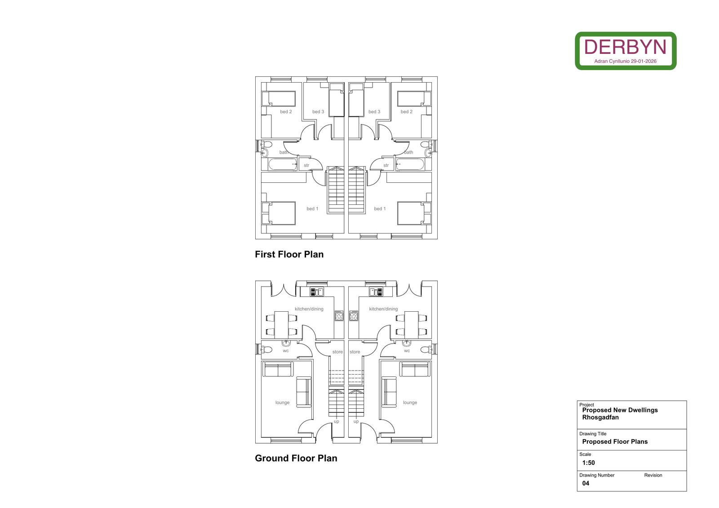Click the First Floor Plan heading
(x=289, y=255)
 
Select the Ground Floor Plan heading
(x=296, y=458)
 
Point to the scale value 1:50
(x=588, y=463)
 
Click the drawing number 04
(x=586, y=483)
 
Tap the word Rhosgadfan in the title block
(x=600, y=417)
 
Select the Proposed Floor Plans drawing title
(x=615, y=442)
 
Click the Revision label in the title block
(x=653, y=475)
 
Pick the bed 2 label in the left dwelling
(x=286, y=112)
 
